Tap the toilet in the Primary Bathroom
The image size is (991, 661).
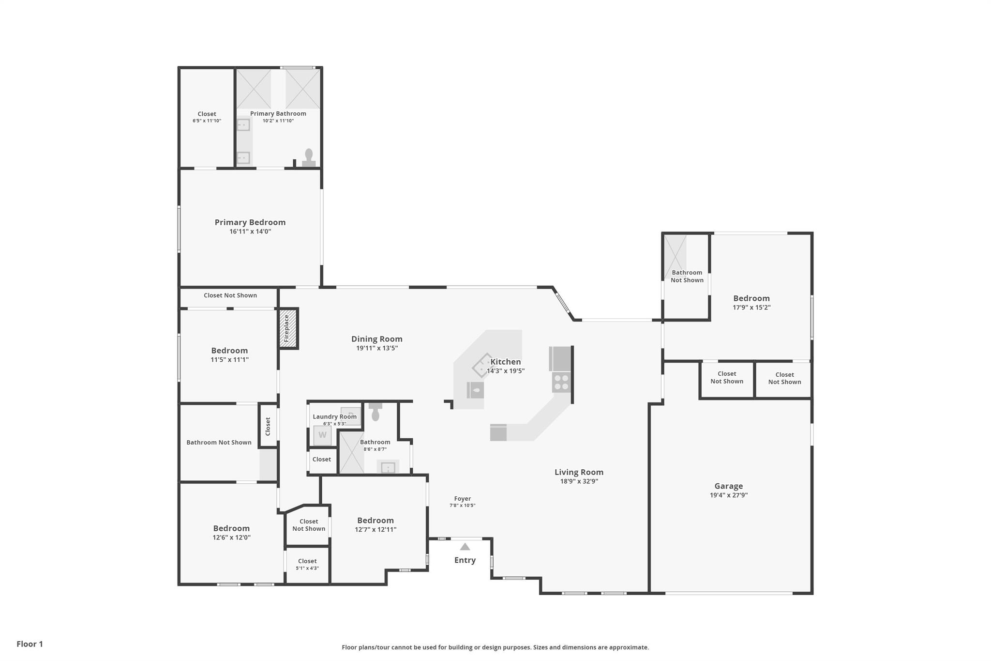click(x=309, y=158)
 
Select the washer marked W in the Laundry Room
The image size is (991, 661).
click(x=322, y=435)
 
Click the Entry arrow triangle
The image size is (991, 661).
click(x=465, y=547)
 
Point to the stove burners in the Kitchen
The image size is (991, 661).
click(x=561, y=382)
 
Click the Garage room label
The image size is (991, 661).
click(x=729, y=486)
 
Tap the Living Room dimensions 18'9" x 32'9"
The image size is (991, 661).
click(x=579, y=481)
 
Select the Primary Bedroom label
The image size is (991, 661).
click(x=250, y=222)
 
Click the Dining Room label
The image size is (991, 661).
click(x=377, y=339)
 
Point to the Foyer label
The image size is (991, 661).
click(x=463, y=499)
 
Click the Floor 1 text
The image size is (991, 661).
click(x=30, y=644)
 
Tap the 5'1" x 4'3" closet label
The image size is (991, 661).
click(x=307, y=569)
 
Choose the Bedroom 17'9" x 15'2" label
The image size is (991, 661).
click(x=751, y=303)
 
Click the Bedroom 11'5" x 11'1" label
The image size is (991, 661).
click(x=229, y=355)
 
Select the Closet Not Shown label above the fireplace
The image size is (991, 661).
click(x=230, y=295)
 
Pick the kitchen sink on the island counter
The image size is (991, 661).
click(x=475, y=390)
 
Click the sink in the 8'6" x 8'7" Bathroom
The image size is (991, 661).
click(x=388, y=467)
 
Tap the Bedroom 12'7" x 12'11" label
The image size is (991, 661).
click(x=375, y=525)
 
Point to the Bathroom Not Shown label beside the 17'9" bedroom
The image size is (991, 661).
click(x=687, y=277)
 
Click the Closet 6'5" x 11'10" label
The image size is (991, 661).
click(x=207, y=117)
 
